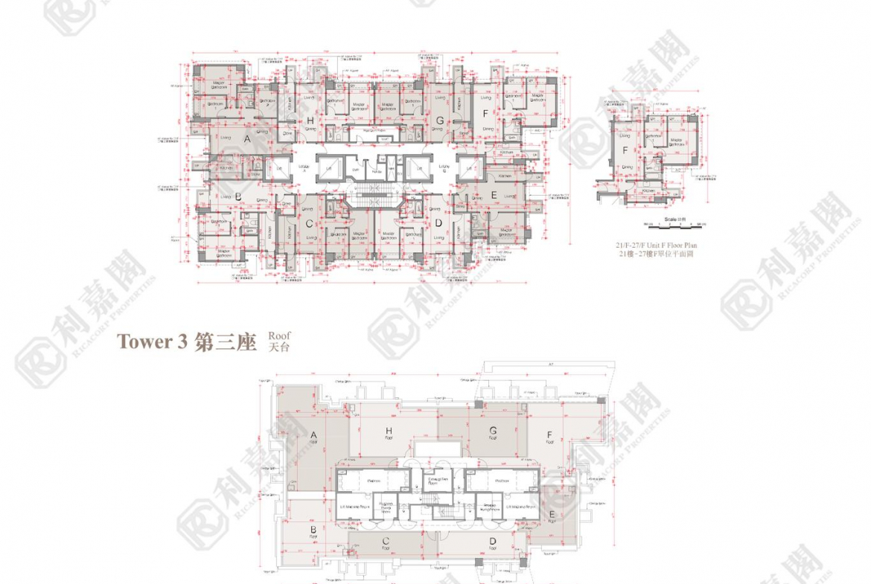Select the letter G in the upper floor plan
440,121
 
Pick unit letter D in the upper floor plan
438,223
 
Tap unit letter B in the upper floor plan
238,197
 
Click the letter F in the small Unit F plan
625,150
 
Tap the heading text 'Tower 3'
151,343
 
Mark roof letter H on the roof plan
388,431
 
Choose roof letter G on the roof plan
493,431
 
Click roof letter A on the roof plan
313,435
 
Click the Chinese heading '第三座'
225,343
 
